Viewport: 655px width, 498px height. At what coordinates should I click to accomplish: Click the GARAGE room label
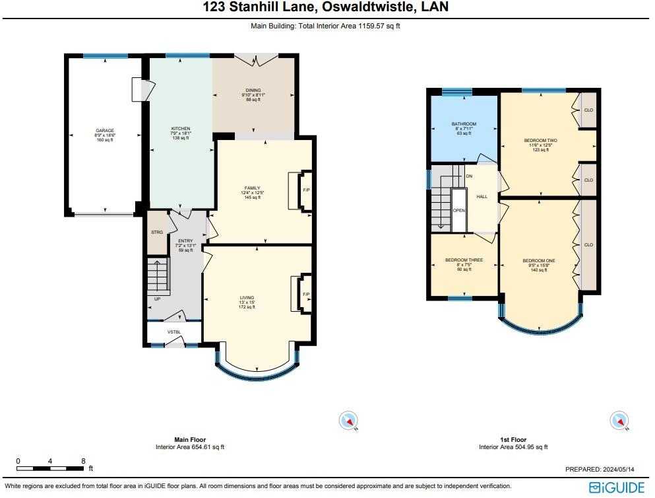105,131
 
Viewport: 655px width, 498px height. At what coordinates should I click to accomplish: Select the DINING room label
253,90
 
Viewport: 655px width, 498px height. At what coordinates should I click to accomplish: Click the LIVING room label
247,298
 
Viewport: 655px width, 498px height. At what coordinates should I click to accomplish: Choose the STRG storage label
157,232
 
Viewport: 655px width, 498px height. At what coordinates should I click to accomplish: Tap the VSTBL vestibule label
174,332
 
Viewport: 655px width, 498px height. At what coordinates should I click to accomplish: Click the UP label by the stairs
157,299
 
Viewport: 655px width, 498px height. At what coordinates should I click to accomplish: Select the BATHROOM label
464,124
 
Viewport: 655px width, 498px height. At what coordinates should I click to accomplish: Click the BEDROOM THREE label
464,260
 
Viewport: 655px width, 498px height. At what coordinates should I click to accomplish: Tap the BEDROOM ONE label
539,261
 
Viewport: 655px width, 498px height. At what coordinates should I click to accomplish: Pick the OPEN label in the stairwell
458,211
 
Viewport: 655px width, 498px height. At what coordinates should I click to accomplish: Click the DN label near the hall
469,176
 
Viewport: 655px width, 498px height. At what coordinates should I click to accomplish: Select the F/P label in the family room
306,191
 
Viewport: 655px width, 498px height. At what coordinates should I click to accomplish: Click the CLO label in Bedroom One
588,244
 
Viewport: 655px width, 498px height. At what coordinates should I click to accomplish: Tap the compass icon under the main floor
348,420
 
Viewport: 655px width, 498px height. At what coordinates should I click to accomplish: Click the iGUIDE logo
617,487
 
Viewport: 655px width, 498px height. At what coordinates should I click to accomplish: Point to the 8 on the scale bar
83,461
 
